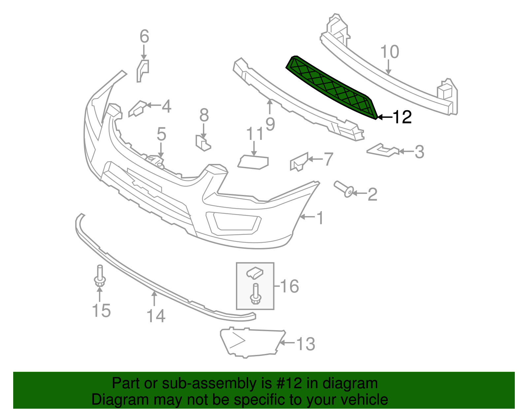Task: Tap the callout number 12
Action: (x=402, y=117)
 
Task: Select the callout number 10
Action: (x=390, y=52)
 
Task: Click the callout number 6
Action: (x=144, y=36)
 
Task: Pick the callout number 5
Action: (x=161, y=134)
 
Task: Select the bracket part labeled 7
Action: (x=298, y=162)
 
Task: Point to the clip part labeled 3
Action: (x=383, y=150)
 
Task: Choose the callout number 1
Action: (x=320, y=218)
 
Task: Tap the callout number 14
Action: (x=156, y=316)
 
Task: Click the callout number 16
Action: (x=289, y=286)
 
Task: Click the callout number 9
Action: (x=270, y=124)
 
